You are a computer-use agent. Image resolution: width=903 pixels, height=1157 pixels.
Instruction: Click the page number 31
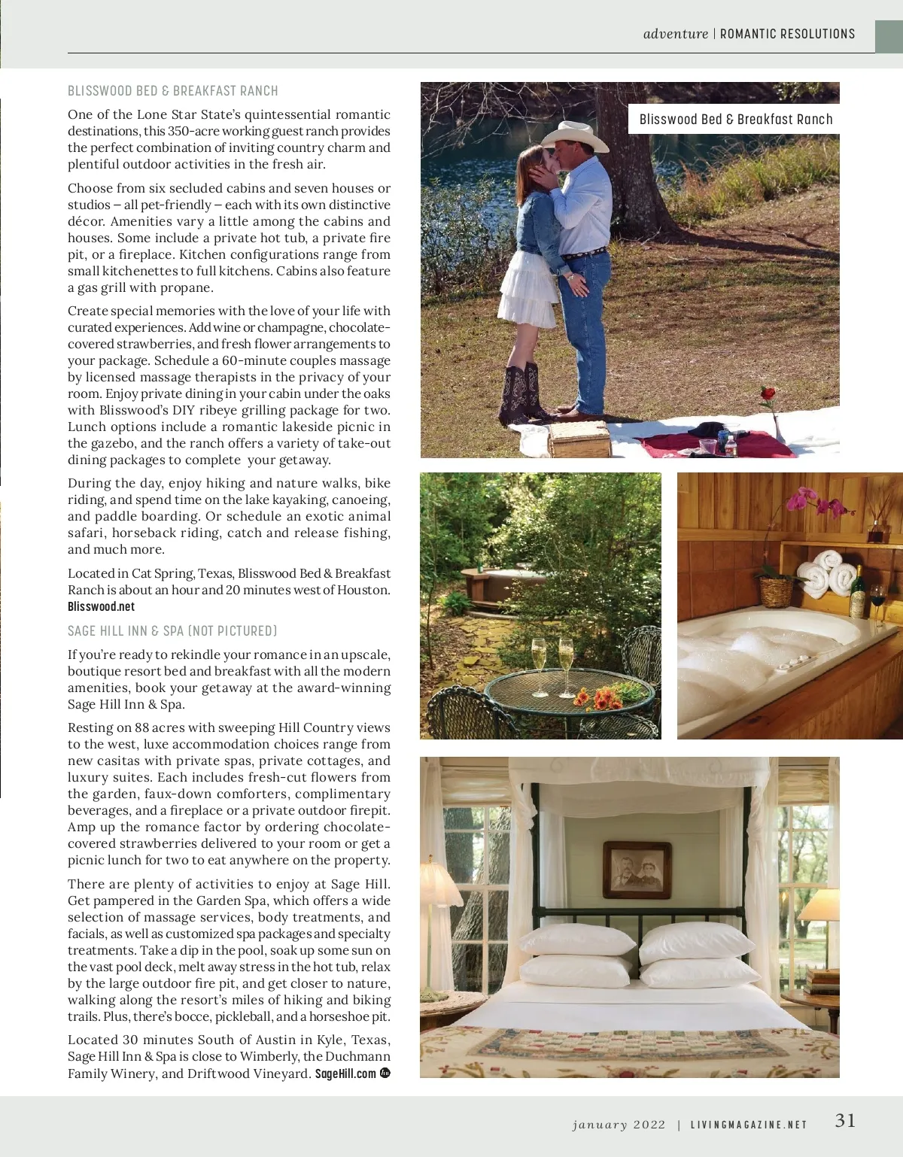pos(845,1121)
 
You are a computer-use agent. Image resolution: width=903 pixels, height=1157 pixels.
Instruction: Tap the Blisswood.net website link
pos(101,607)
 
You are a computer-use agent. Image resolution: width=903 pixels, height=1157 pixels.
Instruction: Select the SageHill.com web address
pos(345,1073)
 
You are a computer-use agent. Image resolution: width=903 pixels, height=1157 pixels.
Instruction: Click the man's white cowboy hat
pos(575,137)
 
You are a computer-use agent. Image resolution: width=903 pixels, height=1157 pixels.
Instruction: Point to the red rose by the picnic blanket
pos(768,394)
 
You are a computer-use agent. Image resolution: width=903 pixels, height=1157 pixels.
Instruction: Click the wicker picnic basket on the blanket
pos(578,439)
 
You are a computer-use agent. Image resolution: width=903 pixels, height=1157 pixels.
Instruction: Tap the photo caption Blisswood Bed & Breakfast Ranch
pos(735,119)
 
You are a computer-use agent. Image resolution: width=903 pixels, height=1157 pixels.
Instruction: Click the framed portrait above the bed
pos(637,869)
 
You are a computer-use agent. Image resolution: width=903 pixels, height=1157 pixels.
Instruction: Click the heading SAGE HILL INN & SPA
pos(172,631)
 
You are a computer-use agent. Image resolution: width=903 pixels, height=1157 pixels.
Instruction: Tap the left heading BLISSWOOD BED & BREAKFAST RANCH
pos(172,91)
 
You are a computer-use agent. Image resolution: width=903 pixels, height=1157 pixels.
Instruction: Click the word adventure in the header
pos(675,34)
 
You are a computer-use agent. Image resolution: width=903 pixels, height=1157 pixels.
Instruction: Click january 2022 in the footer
pos(619,1125)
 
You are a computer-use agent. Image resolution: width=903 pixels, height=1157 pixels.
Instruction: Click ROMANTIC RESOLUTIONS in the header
pos(787,34)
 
